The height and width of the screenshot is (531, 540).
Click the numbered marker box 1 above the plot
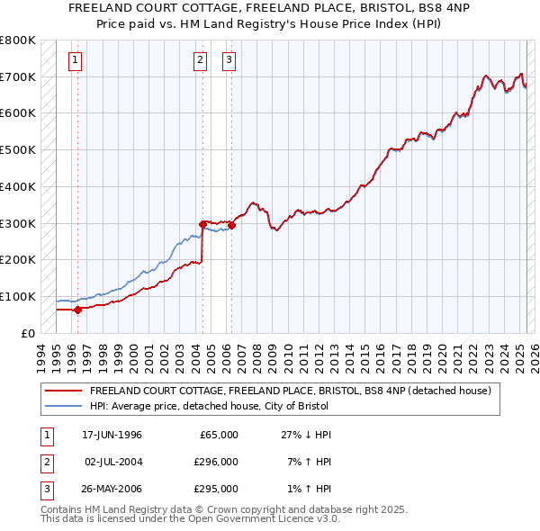pos(74,61)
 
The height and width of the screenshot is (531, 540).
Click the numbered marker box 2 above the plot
pos(200,61)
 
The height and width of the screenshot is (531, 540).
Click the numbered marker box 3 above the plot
pos(229,61)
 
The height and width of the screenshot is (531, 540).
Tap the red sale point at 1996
pos(77,310)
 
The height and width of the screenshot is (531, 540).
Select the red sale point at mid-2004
pos(202,224)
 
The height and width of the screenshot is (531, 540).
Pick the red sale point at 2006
pos(232,225)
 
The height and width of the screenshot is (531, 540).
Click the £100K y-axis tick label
pos(18,297)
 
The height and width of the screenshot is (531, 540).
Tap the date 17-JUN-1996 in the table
pos(112,435)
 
